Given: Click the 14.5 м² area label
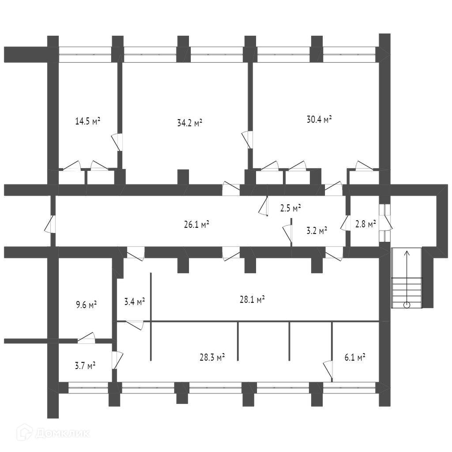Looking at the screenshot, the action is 88,121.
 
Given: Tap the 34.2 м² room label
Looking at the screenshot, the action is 190,123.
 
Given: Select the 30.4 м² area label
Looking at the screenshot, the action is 319,119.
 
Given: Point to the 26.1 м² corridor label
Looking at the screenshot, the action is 196,224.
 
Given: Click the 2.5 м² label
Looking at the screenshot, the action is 290,208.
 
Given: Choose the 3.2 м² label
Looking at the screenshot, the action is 316,230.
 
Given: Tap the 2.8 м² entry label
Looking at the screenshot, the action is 365,224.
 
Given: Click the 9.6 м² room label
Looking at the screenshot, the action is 86,305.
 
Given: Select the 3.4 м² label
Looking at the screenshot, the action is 135,302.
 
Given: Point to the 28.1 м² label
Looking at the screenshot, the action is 252,300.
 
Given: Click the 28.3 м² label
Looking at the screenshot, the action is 212,358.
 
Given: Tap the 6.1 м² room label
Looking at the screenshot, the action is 355,358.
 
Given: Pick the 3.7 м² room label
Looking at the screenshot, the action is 85,366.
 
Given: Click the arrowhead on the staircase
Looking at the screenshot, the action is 407,253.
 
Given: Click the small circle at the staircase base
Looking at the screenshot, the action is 407,305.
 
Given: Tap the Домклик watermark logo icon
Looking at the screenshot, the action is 24,432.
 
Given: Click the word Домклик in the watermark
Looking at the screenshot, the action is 62,433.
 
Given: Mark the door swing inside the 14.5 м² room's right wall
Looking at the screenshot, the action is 117,142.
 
